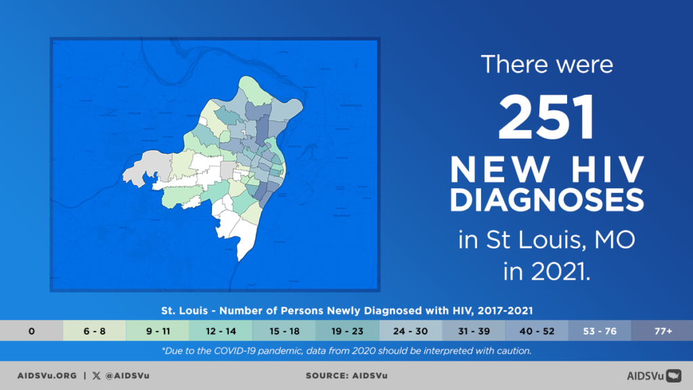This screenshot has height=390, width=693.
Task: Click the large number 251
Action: (547, 116)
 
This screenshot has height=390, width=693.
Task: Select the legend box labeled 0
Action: (31, 332)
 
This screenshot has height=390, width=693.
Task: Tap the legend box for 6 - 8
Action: (94, 332)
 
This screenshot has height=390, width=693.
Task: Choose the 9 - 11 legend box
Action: (157, 332)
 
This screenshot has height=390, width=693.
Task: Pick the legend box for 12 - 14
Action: (221, 332)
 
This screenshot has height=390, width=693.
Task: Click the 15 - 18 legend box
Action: (284, 332)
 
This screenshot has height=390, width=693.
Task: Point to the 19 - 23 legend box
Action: (346, 332)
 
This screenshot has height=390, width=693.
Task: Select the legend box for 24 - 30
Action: (410, 332)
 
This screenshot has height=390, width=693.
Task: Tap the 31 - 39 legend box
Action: (473, 332)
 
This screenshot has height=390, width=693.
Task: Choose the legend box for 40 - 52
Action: (536, 332)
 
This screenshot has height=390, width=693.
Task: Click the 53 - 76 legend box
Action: (599, 332)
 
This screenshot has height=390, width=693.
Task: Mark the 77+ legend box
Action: (662, 332)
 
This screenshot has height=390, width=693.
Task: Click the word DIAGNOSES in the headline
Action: (547, 201)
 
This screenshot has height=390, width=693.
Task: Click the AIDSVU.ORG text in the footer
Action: (46, 375)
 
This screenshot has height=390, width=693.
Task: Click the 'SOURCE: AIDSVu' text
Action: (346, 375)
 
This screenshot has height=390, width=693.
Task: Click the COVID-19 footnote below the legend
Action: (346, 351)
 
